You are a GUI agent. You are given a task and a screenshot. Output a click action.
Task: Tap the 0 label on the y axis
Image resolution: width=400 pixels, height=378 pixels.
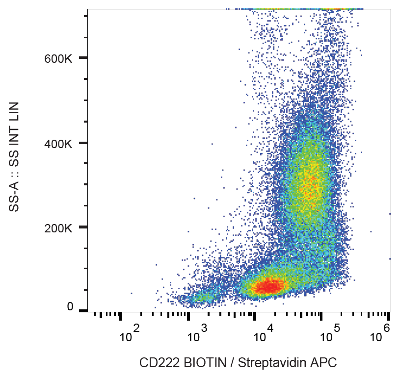pos(70,307)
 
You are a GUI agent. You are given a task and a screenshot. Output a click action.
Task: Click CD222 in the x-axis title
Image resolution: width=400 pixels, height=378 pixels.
pos(160,363)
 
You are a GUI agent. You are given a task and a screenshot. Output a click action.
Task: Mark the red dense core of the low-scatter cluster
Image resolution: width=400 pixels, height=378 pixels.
pos(268,285)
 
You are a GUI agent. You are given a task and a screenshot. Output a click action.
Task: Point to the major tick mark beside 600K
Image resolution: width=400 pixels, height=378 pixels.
pos(83,58)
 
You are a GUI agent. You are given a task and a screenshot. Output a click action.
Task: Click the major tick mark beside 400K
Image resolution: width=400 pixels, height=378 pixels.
pos(83,143)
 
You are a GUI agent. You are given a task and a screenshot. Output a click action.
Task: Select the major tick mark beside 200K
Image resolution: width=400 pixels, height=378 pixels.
pos(83,227)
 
